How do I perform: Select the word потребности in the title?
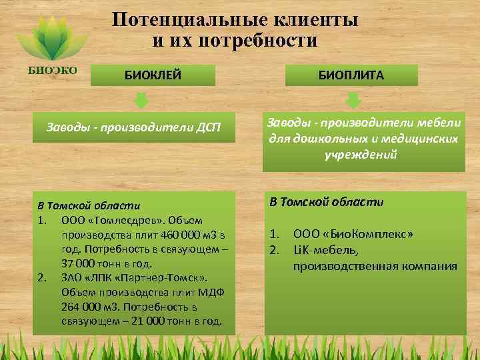click(265, 41)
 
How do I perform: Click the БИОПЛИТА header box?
click(351, 75)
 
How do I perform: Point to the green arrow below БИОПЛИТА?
click(354, 101)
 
